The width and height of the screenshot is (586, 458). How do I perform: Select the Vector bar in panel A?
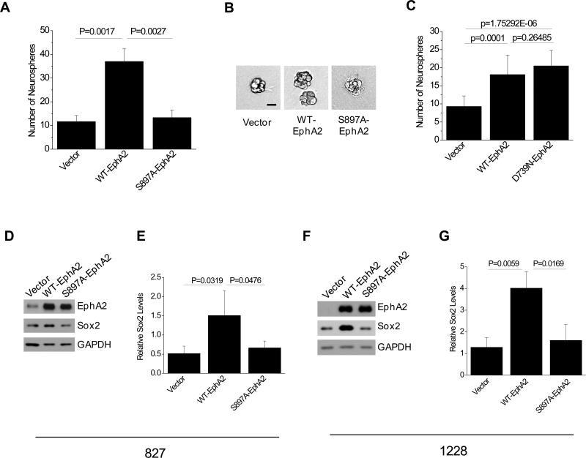click(75, 135)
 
